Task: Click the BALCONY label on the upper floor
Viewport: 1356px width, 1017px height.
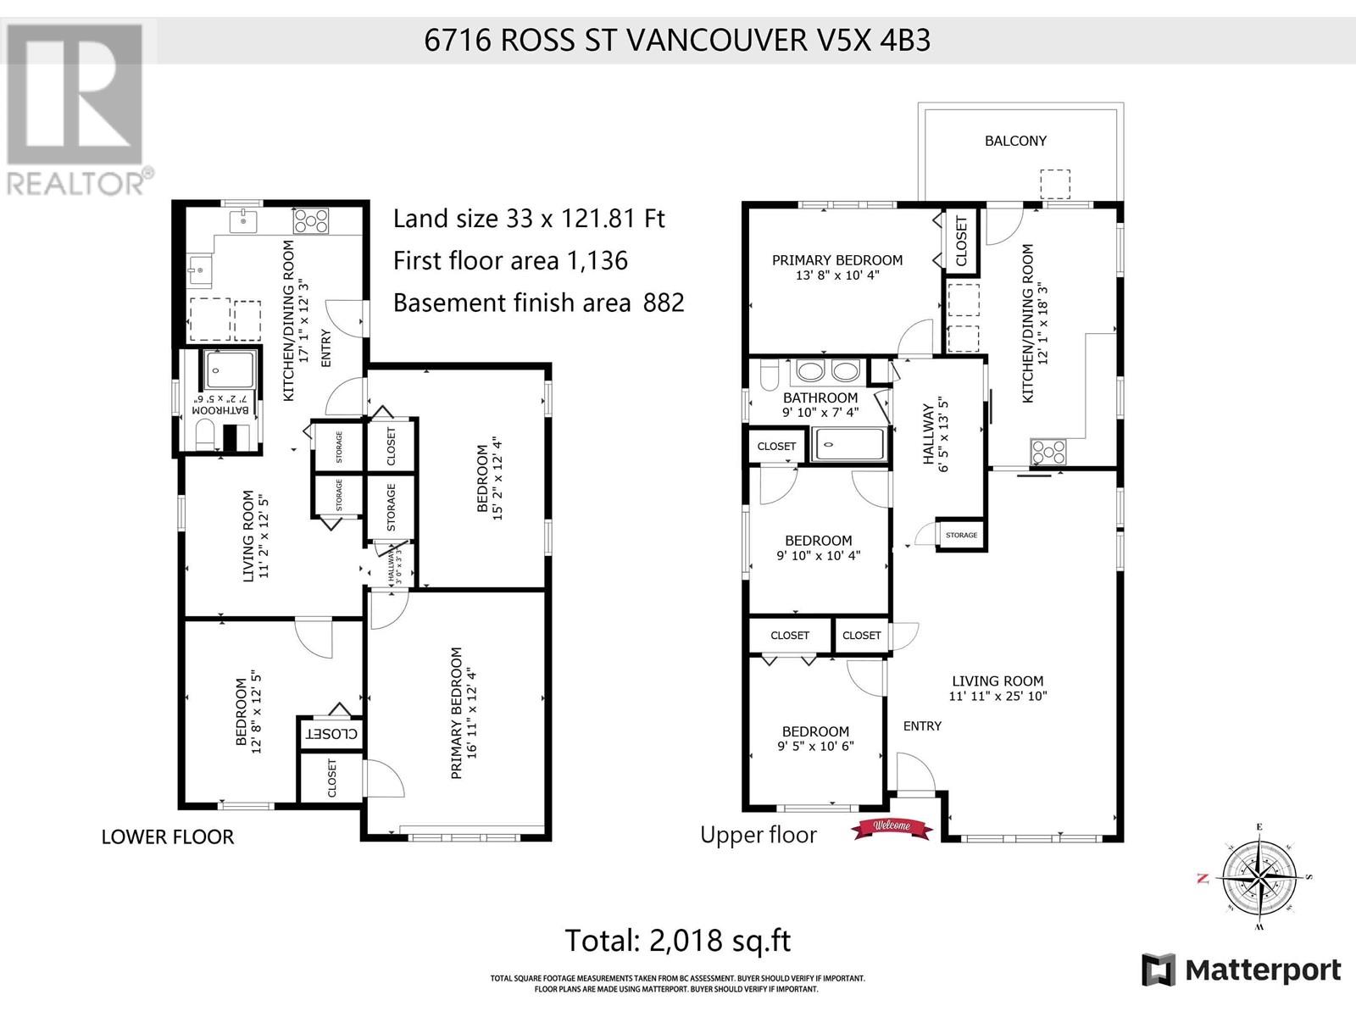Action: point(1015,141)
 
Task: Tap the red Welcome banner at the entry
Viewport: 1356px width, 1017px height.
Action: point(891,827)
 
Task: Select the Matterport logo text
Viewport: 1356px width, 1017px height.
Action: point(1262,970)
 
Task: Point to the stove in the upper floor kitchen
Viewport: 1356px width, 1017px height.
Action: point(1048,453)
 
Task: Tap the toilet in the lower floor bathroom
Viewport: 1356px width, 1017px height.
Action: point(205,436)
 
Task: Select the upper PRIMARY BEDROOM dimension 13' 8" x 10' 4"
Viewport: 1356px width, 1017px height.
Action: point(836,275)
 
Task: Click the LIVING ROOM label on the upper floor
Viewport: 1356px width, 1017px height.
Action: point(998,681)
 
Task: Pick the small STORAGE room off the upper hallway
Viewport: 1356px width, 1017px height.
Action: point(961,535)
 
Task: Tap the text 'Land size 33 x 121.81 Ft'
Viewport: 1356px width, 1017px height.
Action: point(529,219)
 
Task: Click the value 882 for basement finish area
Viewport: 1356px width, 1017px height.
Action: point(664,303)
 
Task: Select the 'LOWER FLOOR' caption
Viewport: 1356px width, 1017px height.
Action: point(167,836)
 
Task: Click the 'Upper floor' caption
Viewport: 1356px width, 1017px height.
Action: point(758,835)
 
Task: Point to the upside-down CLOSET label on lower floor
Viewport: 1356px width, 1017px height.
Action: point(331,733)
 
